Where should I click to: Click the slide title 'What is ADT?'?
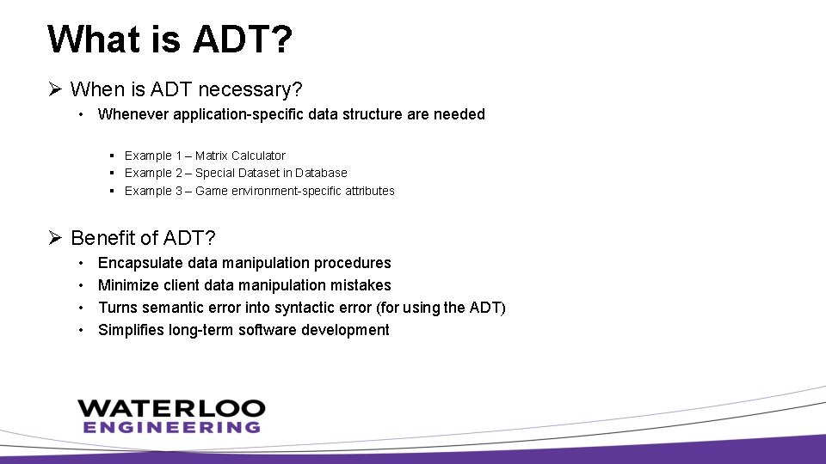click(x=170, y=40)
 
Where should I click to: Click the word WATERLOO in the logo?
click(x=171, y=408)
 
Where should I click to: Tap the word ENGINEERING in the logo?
click(x=171, y=427)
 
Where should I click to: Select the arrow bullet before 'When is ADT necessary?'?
click(x=54, y=89)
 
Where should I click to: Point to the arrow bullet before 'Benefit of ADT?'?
click(x=54, y=237)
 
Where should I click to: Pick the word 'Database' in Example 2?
click(x=321, y=173)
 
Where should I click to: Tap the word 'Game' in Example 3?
click(x=212, y=191)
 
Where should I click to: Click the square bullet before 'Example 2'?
click(x=113, y=173)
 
